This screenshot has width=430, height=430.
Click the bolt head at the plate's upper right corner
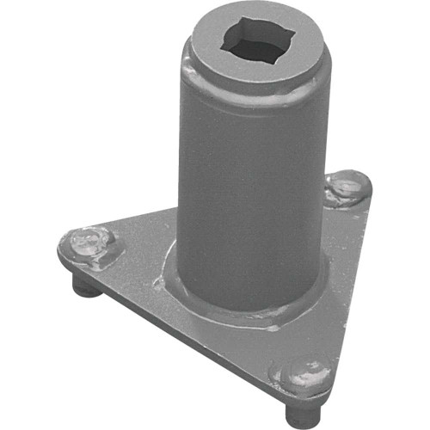(x=346, y=187)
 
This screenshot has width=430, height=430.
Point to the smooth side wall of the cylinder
(x=249, y=189)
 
